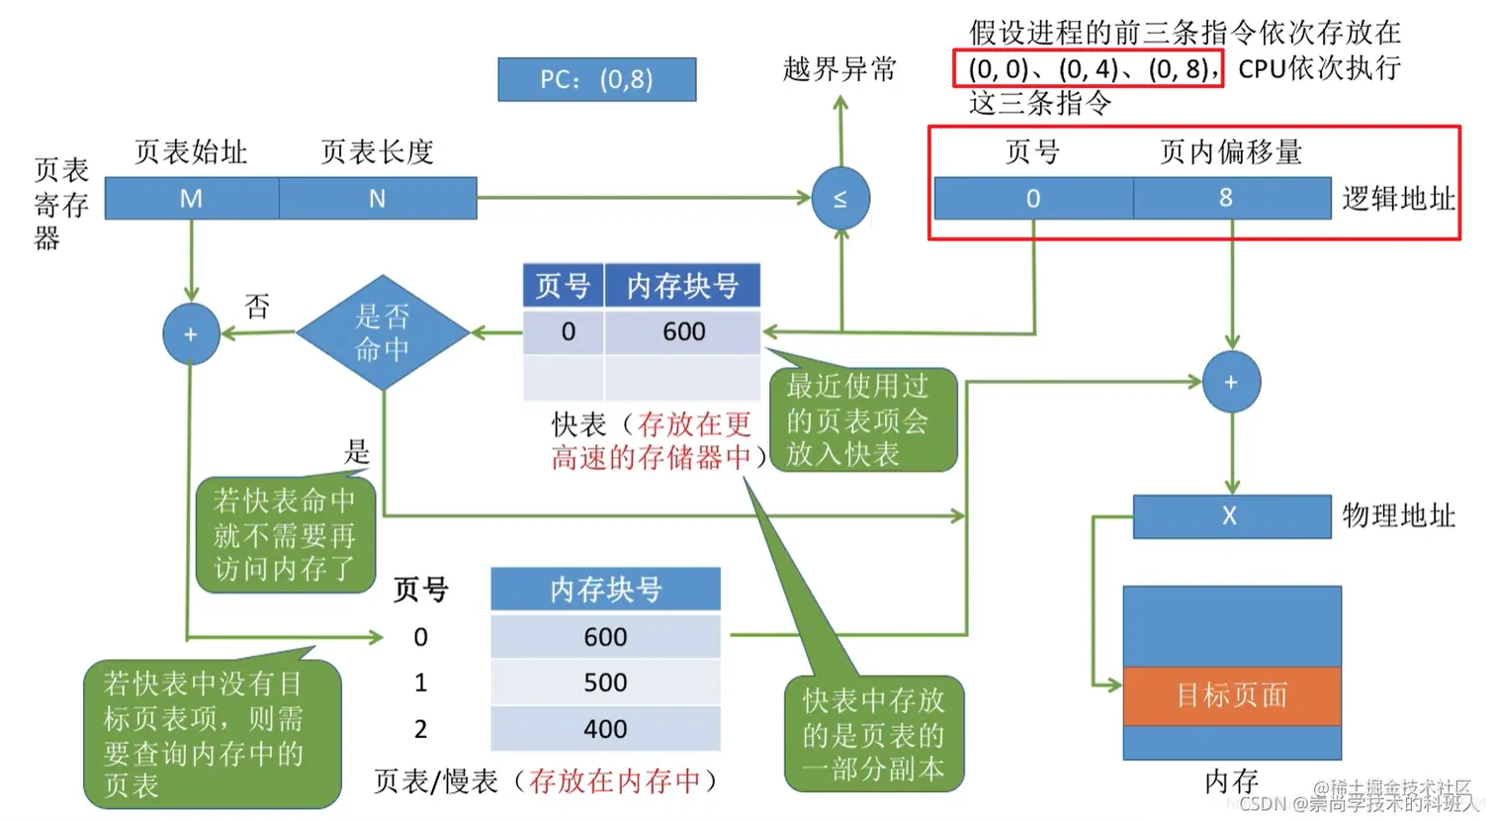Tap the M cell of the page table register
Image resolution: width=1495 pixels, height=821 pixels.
point(191,199)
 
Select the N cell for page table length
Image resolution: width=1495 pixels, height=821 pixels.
point(378,199)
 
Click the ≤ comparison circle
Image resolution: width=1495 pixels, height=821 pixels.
point(840,199)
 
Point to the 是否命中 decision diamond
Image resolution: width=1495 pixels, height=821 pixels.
point(383,332)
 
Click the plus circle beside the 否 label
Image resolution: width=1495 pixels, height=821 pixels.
point(191,334)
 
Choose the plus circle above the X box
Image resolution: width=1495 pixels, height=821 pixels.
point(1231,382)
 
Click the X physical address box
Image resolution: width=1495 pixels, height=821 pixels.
point(1230,515)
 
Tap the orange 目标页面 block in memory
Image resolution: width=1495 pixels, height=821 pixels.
point(1232,695)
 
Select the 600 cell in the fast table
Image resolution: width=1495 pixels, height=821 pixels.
point(683,332)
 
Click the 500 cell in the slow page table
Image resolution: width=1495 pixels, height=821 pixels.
point(605,683)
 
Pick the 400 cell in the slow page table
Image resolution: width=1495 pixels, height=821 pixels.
point(605,729)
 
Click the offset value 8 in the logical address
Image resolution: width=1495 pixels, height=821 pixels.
point(1226,198)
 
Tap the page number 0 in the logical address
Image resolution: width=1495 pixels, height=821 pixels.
point(1033,199)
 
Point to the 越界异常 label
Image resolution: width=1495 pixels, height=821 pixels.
point(839,69)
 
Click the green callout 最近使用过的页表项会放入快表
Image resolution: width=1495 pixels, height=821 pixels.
point(860,419)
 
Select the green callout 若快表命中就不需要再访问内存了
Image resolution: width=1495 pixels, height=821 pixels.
point(285,534)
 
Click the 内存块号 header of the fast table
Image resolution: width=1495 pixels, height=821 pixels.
point(682,286)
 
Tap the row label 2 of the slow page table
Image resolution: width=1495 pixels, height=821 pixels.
point(420,729)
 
